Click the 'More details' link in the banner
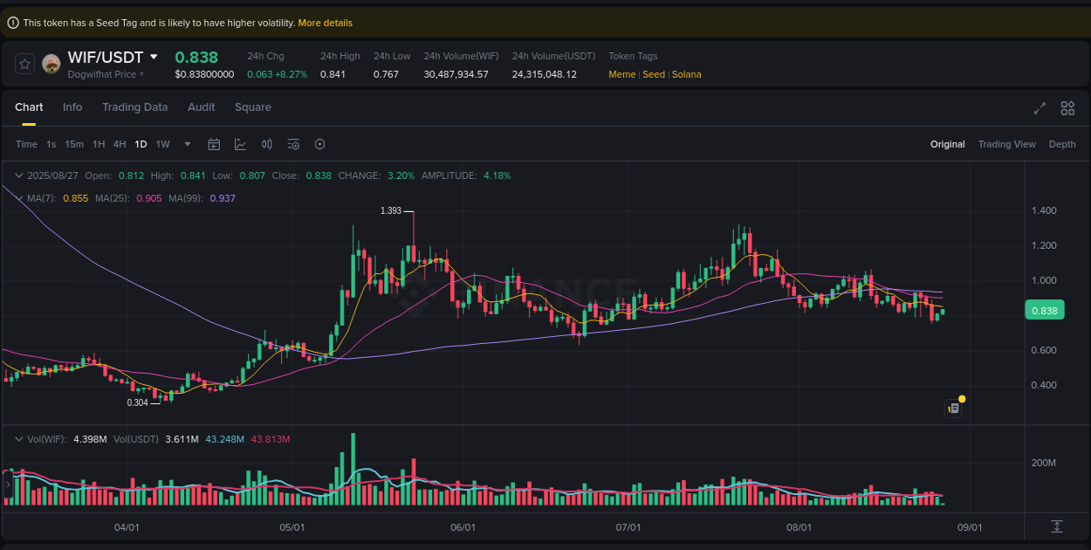pos(325,23)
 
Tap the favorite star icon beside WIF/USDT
pos(24,64)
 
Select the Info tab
pos(72,107)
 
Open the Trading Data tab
pos(134,107)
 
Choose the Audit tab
pos(201,107)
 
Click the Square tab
pos(253,107)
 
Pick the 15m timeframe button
pos(74,144)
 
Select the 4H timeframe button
pos(120,144)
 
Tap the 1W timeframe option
pos(162,144)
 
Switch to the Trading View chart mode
pos(1006,144)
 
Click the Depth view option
pos(1062,144)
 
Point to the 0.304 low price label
pos(137,402)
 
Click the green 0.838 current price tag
pos(1044,310)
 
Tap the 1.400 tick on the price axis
pos(1044,210)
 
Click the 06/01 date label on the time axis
pos(463,527)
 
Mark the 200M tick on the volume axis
pos(1044,463)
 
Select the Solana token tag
pos(687,74)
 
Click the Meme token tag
pos(621,74)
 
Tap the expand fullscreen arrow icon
pos(1040,108)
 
